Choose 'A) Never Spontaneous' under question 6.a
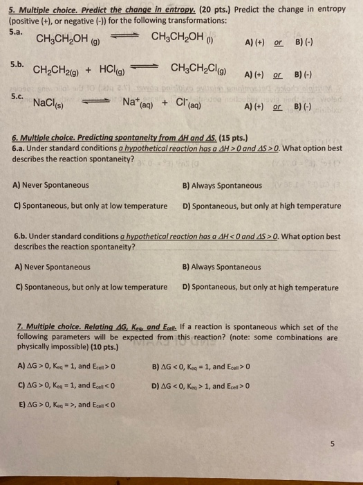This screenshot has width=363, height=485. click(x=50, y=186)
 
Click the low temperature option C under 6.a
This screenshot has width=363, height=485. click(x=90, y=206)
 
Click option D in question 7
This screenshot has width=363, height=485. click(x=199, y=386)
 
